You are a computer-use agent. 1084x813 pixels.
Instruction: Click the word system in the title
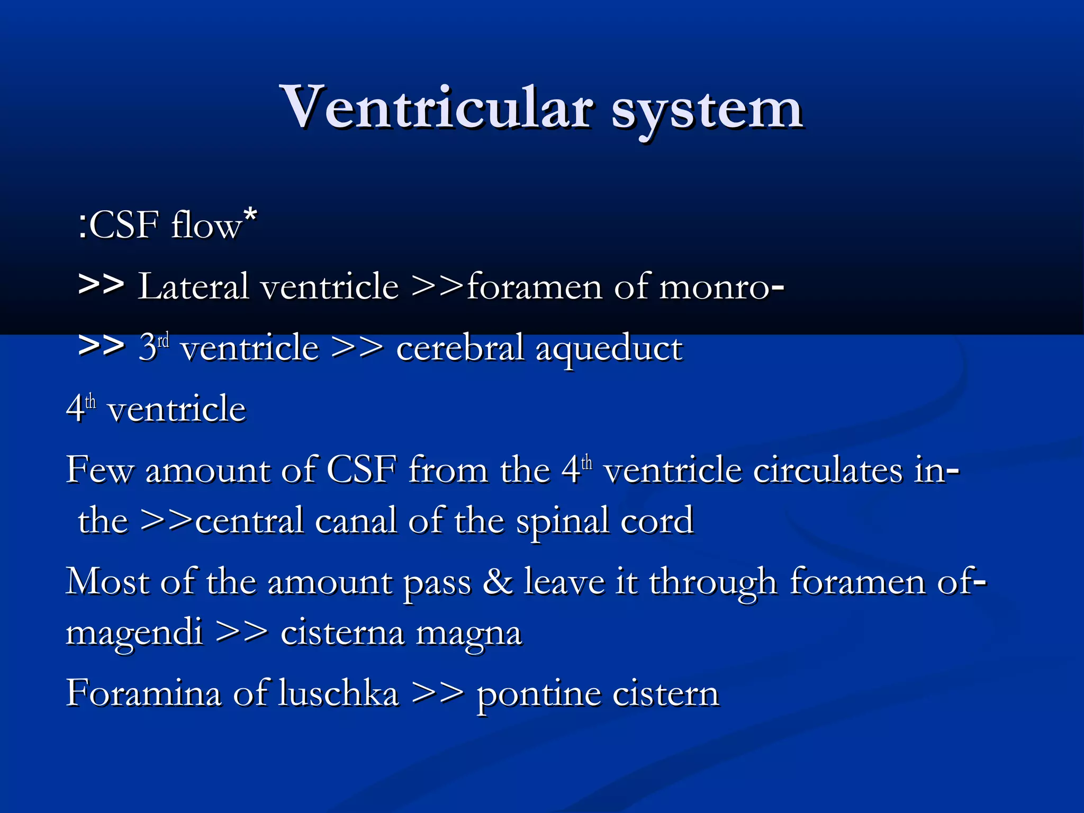point(707,111)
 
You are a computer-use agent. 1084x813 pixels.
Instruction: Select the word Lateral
point(193,286)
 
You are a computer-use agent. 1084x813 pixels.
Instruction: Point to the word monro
point(714,287)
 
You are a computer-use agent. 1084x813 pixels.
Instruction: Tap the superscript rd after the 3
point(163,340)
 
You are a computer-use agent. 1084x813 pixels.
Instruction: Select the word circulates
point(828,469)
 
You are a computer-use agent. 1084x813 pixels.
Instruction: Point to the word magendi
point(134,633)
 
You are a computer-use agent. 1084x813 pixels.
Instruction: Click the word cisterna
point(342,632)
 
